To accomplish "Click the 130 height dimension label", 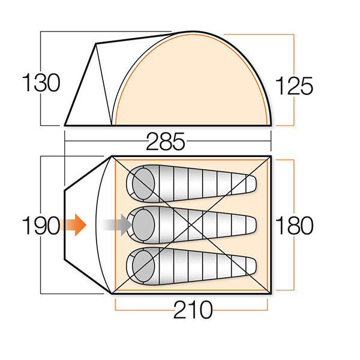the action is [x=41, y=82].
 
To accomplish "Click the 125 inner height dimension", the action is [x=294, y=86].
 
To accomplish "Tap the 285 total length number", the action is [x=166, y=142].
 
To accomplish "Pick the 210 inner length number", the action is [x=193, y=310].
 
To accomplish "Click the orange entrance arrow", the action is [x=73, y=225].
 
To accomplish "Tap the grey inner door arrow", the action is [x=116, y=225].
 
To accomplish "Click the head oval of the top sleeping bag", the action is [x=143, y=184].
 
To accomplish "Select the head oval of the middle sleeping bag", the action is [x=143, y=225].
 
